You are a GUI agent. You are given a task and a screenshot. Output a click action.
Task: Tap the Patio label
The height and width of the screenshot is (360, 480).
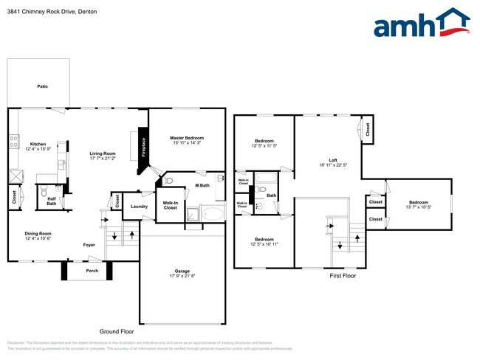tap(43, 87)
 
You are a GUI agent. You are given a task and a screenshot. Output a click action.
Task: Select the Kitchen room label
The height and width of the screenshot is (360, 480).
tap(38, 144)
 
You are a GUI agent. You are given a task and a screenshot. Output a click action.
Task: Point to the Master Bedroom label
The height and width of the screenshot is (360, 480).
tap(187, 138)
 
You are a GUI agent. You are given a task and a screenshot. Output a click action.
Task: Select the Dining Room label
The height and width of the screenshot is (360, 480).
tap(38, 233)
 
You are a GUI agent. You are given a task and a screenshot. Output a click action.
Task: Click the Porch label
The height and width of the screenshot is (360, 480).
tap(92, 270)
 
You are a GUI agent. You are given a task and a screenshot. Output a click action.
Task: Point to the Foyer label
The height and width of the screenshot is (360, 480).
tap(89, 245)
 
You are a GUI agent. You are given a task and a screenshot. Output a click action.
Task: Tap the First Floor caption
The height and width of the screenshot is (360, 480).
tap(342, 275)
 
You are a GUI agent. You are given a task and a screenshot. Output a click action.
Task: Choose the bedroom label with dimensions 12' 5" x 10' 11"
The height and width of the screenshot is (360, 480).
tap(264, 239)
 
